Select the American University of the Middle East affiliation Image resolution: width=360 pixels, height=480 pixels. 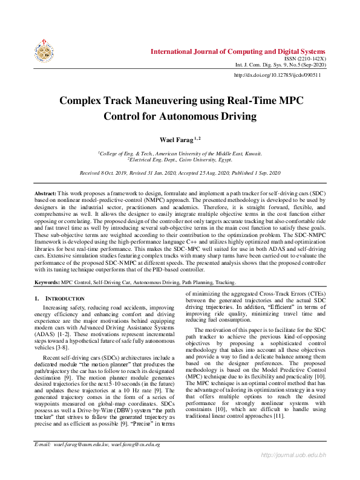pyautogui.click(x=180, y=154)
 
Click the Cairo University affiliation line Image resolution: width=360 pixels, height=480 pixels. pyautogui.click(x=180, y=161)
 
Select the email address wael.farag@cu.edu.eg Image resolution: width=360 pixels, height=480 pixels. pyautogui.click(x=136, y=461)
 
